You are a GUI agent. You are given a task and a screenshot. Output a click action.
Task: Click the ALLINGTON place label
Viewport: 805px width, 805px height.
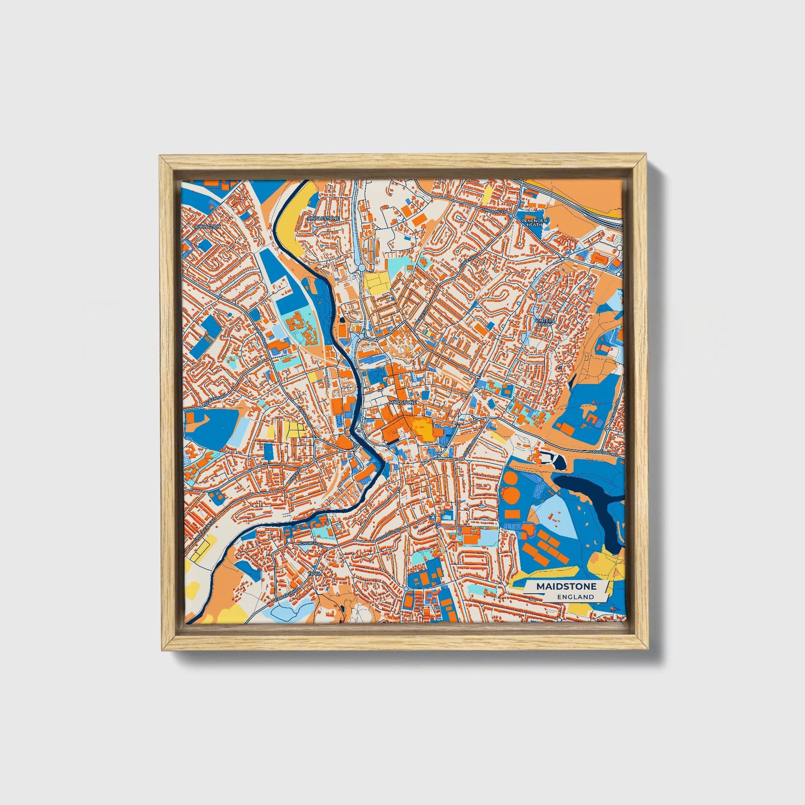[x=207, y=226]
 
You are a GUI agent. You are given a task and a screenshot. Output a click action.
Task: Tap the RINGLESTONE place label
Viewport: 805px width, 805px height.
[x=323, y=218]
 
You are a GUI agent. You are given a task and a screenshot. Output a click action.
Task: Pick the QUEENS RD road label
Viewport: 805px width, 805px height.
[x=215, y=401]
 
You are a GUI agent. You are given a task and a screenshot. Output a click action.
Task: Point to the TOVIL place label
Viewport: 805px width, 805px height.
[x=314, y=574]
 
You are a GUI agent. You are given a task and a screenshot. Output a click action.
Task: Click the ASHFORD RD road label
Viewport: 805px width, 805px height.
[x=604, y=452]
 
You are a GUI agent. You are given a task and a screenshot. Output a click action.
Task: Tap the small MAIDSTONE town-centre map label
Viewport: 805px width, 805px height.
[x=402, y=403]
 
